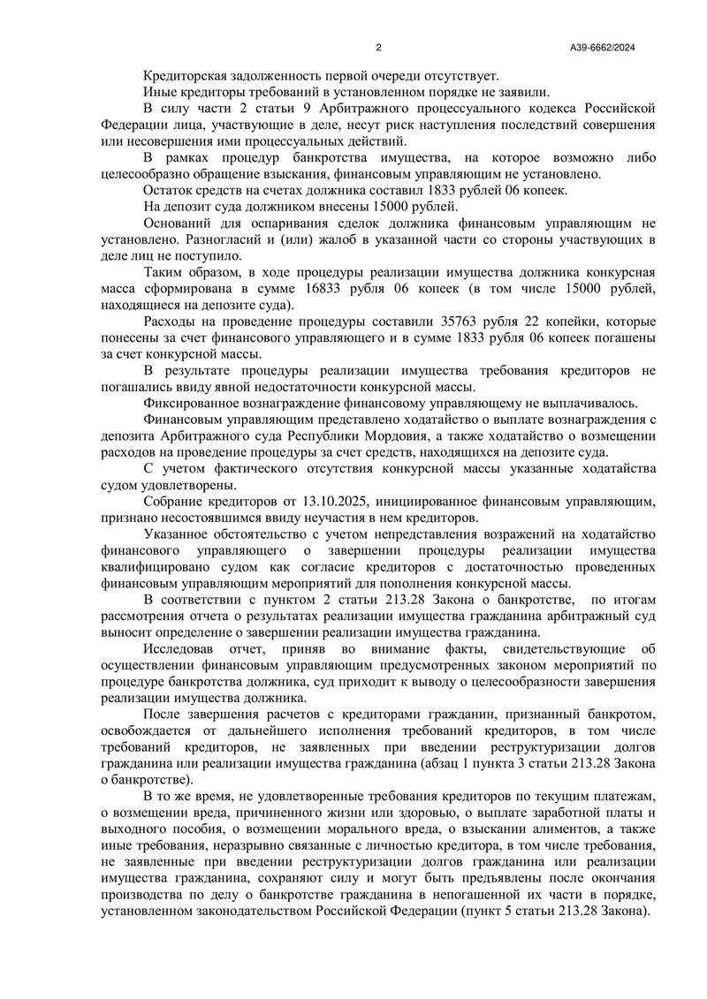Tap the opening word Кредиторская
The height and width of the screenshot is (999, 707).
[x=184, y=76]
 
